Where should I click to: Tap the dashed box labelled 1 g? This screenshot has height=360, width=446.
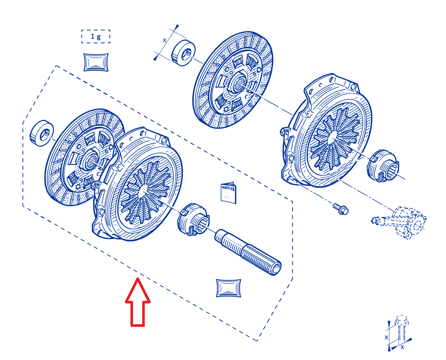(x=96, y=36)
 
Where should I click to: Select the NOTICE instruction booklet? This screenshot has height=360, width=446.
(x=228, y=193)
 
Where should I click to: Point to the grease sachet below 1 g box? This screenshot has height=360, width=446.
(x=96, y=62)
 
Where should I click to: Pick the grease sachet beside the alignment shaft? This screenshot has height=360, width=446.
(x=228, y=288)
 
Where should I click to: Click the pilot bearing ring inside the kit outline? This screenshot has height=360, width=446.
(x=42, y=133)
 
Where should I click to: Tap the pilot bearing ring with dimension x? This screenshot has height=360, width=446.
(x=183, y=53)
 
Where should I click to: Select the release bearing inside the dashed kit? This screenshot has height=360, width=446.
(x=193, y=219)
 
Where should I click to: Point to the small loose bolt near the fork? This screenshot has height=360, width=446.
(x=341, y=209)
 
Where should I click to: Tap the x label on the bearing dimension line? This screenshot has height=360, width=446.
(x=165, y=40)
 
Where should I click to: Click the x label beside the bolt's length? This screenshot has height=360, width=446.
(x=386, y=337)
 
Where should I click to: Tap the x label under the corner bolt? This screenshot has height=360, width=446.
(x=402, y=347)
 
